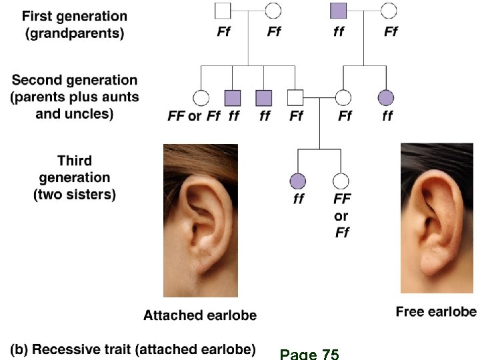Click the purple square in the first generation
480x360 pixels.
point(339,10)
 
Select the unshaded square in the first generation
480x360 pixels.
point(223,10)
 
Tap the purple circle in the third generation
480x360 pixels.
point(297,180)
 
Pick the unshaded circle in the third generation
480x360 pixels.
point(341,180)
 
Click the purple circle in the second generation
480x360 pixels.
point(386,98)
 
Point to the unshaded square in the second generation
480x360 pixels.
point(295,98)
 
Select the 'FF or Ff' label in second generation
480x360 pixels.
point(193,116)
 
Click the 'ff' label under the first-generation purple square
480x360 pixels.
point(339,31)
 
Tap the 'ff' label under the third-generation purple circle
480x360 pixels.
point(298,199)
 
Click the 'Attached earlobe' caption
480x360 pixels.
point(199,315)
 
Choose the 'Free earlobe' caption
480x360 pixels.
point(436,311)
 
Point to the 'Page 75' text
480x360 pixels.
point(309,354)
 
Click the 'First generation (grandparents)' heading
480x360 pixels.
point(75,23)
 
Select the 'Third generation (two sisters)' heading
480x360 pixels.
point(75,178)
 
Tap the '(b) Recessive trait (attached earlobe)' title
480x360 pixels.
point(133,349)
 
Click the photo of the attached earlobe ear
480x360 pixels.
point(200,220)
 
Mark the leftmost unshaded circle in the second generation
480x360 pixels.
point(200,98)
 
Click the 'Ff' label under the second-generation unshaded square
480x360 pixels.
point(296,116)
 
